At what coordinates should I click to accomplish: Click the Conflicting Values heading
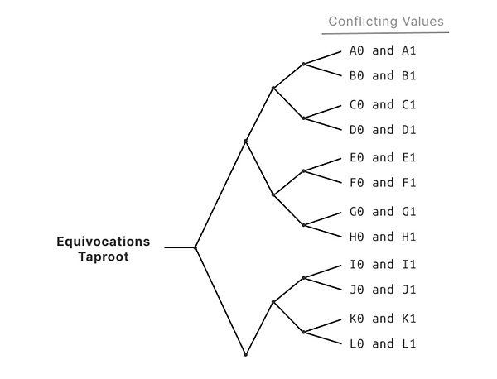386,22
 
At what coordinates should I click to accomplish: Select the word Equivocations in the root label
104,242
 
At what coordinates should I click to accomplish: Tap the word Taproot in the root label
104,257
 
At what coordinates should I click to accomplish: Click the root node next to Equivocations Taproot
195,247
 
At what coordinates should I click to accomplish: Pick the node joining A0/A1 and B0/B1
304,64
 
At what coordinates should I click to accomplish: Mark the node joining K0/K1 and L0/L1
304,332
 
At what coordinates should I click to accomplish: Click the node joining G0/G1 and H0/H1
304,225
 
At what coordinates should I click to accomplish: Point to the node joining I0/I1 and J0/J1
304,278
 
